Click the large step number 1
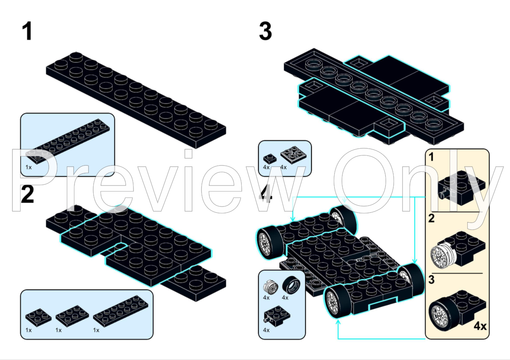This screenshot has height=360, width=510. pos(27,31)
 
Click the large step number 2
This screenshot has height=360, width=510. pos(27,194)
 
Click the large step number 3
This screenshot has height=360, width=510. pos(265,31)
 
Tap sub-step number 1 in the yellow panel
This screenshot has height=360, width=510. pos(431,157)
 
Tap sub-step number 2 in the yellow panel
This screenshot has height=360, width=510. pos(432,218)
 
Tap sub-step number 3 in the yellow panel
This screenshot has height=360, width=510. pos(432,280)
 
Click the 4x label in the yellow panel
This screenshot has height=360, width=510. pos(480,325)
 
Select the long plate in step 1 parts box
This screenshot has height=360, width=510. pos(68,141)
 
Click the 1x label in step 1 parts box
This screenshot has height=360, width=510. pos(29,167)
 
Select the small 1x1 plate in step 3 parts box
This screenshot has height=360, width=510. pos(270,158)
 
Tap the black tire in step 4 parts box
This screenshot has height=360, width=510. pos(291,285)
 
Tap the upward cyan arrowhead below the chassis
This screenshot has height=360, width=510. pos(338,323)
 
